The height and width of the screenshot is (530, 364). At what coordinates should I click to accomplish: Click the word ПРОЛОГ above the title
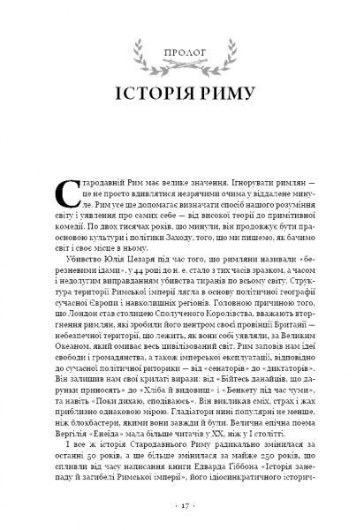181,61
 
